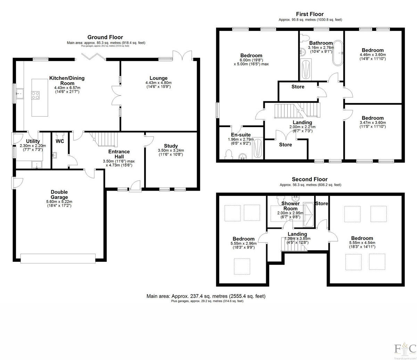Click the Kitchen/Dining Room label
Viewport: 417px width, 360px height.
click(67, 81)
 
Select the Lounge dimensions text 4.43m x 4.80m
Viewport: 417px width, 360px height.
click(158, 83)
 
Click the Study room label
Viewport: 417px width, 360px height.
click(171, 146)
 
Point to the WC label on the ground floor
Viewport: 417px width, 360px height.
click(60, 141)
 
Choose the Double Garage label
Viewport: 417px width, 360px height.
click(59, 194)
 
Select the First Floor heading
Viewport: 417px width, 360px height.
click(310, 14)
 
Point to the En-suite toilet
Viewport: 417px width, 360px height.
click(229, 154)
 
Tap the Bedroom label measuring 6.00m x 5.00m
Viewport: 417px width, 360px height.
click(251, 56)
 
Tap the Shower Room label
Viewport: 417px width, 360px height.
click(290, 206)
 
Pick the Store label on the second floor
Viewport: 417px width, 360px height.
click(321, 203)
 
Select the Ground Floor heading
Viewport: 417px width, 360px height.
click(105, 37)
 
